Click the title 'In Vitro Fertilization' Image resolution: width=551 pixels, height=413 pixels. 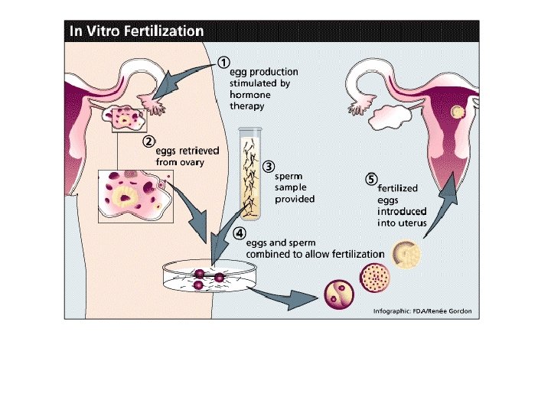click(x=136, y=31)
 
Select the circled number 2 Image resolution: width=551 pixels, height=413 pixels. click(x=150, y=141)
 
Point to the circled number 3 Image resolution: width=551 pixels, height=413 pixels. click(x=268, y=166)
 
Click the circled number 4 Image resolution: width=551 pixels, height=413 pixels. click(x=239, y=234)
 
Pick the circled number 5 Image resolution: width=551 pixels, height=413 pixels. click(x=371, y=180)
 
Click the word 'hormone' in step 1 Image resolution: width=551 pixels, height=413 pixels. click(x=251, y=95)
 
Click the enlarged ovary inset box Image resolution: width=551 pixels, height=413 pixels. click(x=136, y=196)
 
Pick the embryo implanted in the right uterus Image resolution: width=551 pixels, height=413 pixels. click(x=458, y=112)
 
